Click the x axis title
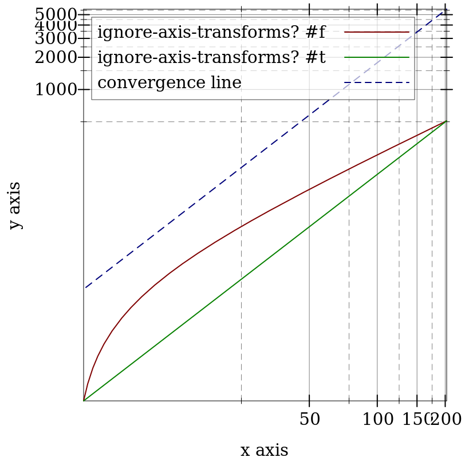[264, 450]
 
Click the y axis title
[15, 206]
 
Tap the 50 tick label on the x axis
[309, 420]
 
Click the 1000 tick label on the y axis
[55, 90]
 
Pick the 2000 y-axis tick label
[55, 57]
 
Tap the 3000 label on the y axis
[55, 39]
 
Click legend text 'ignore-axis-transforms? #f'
[211, 32]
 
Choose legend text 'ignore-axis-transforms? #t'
[211, 57]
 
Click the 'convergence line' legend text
[170, 82]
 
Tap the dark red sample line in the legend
[376, 32]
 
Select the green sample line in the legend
[376, 57]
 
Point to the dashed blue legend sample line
[376, 82]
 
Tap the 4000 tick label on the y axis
[55, 26]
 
